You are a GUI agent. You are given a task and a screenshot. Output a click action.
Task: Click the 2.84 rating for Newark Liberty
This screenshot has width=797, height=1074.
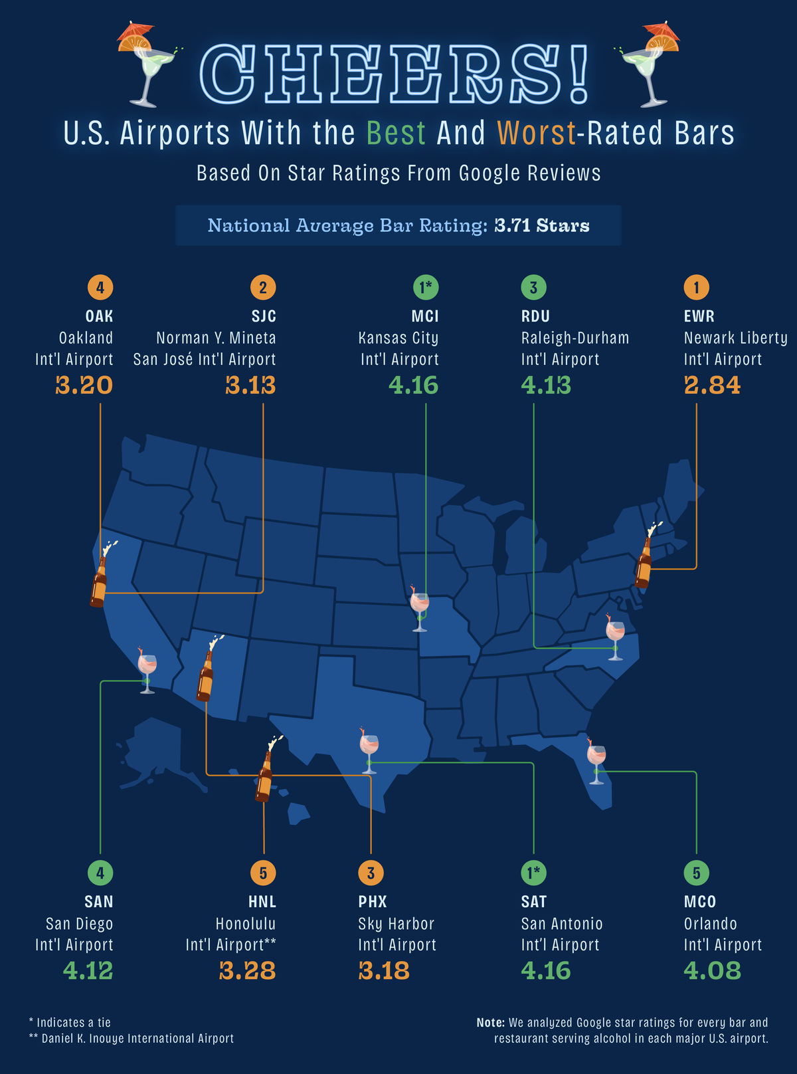[711, 385]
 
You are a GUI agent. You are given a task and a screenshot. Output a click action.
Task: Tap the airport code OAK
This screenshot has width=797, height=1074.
[99, 316]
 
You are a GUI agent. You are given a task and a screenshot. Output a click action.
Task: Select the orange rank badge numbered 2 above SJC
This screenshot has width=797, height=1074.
[263, 288]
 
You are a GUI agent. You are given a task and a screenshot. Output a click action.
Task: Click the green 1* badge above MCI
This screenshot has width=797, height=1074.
[425, 288]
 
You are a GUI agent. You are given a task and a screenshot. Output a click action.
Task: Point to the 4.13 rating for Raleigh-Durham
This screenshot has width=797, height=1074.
[546, 385]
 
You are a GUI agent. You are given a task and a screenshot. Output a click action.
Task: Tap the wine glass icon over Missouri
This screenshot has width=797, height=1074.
[419, 607]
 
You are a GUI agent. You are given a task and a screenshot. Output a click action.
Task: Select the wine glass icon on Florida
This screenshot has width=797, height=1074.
[596, 761]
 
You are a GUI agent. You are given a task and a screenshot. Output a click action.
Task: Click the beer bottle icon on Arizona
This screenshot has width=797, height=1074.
[205, 673]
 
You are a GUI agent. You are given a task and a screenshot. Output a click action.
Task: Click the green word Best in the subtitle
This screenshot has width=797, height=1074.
[396, 134]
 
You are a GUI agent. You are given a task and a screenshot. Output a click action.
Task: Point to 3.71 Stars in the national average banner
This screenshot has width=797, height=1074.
[542, 226]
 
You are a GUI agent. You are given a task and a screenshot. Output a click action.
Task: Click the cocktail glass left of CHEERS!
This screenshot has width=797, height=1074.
[147, 66]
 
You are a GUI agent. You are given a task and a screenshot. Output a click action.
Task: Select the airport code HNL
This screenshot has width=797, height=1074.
[262, 902]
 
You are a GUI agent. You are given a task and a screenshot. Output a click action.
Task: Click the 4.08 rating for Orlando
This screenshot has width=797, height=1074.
[712, 971]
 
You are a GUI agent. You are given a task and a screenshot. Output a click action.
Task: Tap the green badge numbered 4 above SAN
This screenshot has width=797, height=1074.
[100, 873]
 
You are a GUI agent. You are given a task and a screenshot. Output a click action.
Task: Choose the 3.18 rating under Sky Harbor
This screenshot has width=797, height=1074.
[384, 971]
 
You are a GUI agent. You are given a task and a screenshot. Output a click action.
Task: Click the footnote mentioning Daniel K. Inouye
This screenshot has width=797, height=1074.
[132, 1039]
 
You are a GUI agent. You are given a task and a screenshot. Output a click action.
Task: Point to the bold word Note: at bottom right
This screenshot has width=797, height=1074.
[490, 1023]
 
